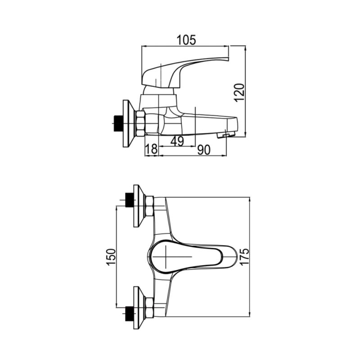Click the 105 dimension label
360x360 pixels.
(x=186, y=40)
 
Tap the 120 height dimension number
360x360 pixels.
(x=239, y=93)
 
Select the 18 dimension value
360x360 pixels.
(x=152, y=149)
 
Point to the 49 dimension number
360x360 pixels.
(x=177, y=141)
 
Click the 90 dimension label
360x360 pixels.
(x=204, y=150)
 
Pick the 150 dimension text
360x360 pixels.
(x=111, y=257)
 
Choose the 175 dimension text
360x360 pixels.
(x=244, y=256)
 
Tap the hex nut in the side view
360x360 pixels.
(x=140, y=123)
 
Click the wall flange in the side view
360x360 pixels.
(x=129, y=123)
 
